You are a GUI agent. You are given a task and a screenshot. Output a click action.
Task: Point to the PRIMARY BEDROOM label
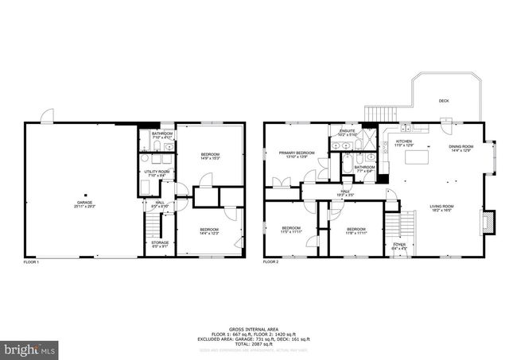pyautogui.click(x=293, y=153)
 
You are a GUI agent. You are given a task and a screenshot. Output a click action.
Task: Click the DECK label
pyautogui.click(x=444, y=101)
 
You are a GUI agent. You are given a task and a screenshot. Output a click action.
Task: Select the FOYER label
pyautogui.click(x=398, y=246)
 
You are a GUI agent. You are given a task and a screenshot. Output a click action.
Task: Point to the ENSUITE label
pyautogui.click(x=347, y=131)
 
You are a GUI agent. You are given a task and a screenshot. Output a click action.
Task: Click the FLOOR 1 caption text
pyautogui.click(x=31, y=261)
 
